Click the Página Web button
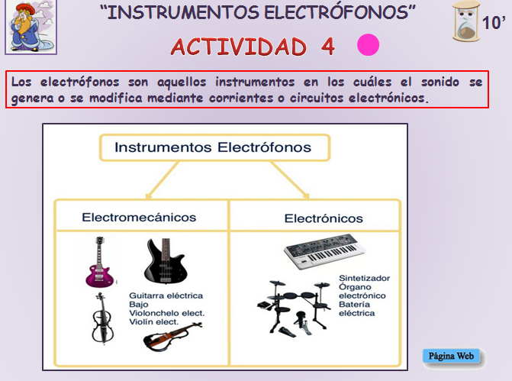pos(452,356)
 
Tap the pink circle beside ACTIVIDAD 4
pos(369,46)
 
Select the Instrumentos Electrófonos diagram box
pos(213,147)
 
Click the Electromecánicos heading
pos(139,218)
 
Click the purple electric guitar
pos(97,262)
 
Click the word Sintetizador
pos(364,279)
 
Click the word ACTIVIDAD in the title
pos(239,47)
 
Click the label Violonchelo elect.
pos(167,313)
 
